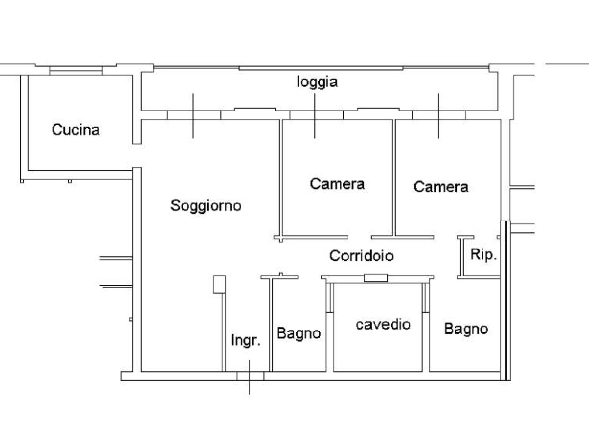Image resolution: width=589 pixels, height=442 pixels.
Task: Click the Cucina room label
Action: point(76,130)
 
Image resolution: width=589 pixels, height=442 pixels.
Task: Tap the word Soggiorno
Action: point(206,205)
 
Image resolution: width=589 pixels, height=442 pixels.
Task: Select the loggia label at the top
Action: point(318,82)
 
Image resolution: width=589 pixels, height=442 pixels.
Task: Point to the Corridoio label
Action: point(361,255)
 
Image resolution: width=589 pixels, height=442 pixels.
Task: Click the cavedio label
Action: point(383,324)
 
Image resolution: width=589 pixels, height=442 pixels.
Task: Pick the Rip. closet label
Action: point(483,255)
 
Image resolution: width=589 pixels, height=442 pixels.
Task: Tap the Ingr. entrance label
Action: point(245,340)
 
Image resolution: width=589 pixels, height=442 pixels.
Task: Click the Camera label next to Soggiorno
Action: point(337,184)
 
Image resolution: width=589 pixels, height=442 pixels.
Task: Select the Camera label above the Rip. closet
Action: point(441,187)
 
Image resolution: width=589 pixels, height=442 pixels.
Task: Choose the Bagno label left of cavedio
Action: point(298,333)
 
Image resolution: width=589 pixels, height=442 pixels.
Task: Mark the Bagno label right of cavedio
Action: point(466,329)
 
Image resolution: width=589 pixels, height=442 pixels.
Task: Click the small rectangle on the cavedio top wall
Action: point(375,278)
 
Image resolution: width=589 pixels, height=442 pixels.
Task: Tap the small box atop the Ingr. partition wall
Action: point(219,284)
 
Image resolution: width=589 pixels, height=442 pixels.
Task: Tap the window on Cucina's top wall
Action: point(75,71)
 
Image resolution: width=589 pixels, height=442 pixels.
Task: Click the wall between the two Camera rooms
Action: point(394,177)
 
